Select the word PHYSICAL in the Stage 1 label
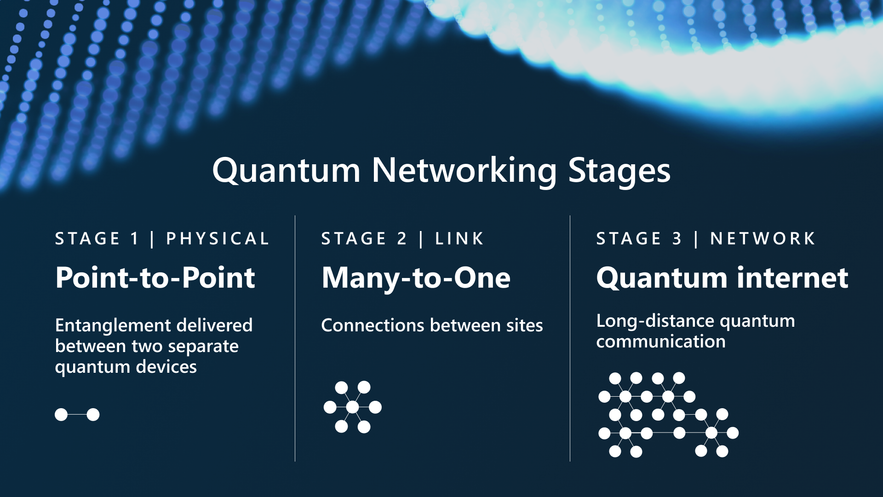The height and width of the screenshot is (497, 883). click(218, 238)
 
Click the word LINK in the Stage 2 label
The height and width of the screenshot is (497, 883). click(459, 238)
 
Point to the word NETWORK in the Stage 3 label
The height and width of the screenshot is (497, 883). click(763, 238)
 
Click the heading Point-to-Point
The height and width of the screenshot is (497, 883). click(155, 277)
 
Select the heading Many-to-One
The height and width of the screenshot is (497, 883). click(416, 278)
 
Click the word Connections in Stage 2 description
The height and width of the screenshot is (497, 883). click(373, 325)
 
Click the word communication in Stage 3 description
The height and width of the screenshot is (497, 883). click(660, 341)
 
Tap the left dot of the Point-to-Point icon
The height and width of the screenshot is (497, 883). click(61, 415)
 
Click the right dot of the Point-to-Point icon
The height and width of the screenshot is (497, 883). click(93, 415)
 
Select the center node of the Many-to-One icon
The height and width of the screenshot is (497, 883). click(352, 407)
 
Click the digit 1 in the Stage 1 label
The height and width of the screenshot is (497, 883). click(134, 238)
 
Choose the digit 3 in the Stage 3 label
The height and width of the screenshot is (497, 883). click(677, 238)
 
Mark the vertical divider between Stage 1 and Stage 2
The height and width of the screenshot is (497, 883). click(295, 338)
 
